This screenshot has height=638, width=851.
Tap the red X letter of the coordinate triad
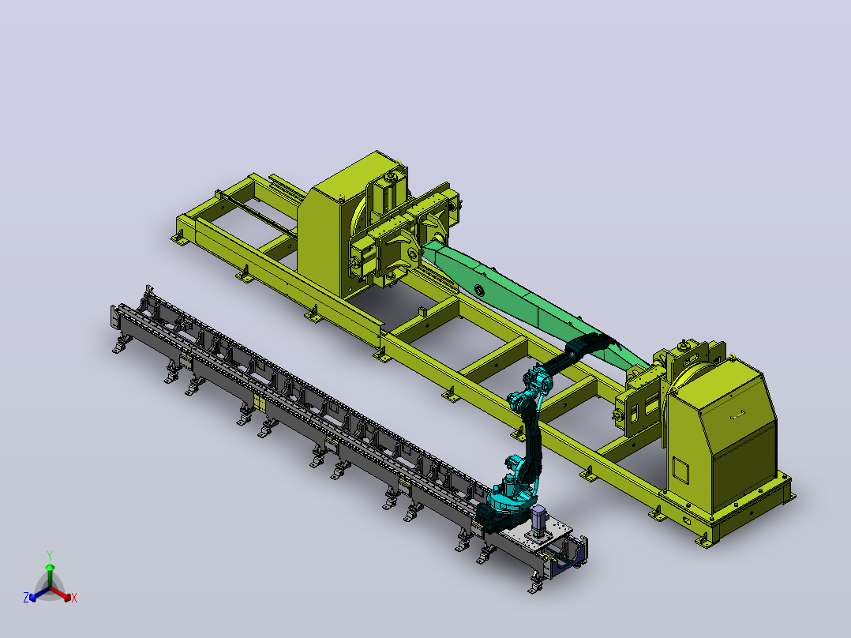pyautogui.click(x=74, y=598)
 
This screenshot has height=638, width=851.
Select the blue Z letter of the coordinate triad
pyautogui.click(x=25, y=598)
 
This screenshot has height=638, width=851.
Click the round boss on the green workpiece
pyautogui.click(x=478, y=290)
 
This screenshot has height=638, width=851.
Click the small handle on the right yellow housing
pyautogui.click(x=737, y=417)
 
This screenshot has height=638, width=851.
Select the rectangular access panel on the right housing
pyautogui.click(x=680, y=471)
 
